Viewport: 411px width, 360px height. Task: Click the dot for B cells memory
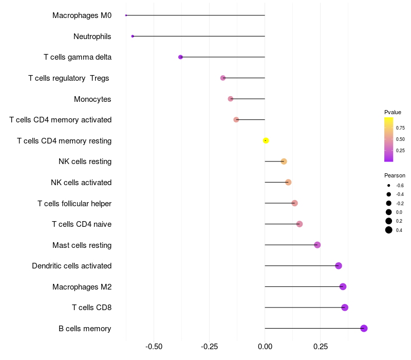(364, 328)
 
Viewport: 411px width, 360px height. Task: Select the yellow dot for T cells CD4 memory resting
(266, 140)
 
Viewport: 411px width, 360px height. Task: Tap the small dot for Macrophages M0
(126, 15)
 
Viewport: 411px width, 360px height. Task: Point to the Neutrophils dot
(133, 36)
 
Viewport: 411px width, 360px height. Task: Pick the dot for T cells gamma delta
(180, 57)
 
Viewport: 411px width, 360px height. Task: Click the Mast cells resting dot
(317, 245)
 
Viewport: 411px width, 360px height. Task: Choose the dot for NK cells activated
(288, 182)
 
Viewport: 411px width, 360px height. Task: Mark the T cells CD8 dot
(345, 308)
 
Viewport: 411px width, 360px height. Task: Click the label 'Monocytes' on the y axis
(92, 99)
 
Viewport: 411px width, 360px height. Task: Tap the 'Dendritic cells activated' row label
(71, 266)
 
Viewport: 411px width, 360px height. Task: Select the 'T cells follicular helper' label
(74, 203)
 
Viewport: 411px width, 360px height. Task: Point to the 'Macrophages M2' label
(82, 286)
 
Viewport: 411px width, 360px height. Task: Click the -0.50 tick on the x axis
(154, 347)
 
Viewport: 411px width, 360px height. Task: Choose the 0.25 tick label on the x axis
(321, 347)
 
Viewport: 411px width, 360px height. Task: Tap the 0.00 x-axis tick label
(265, 347)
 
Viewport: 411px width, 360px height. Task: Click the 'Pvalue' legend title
(393, 112)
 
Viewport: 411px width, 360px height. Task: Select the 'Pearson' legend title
(395, 175)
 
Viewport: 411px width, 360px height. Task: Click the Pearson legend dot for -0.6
(389, 185)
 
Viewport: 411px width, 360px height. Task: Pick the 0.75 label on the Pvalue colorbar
(400, 128)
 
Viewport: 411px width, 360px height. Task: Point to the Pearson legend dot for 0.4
(389, 230)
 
